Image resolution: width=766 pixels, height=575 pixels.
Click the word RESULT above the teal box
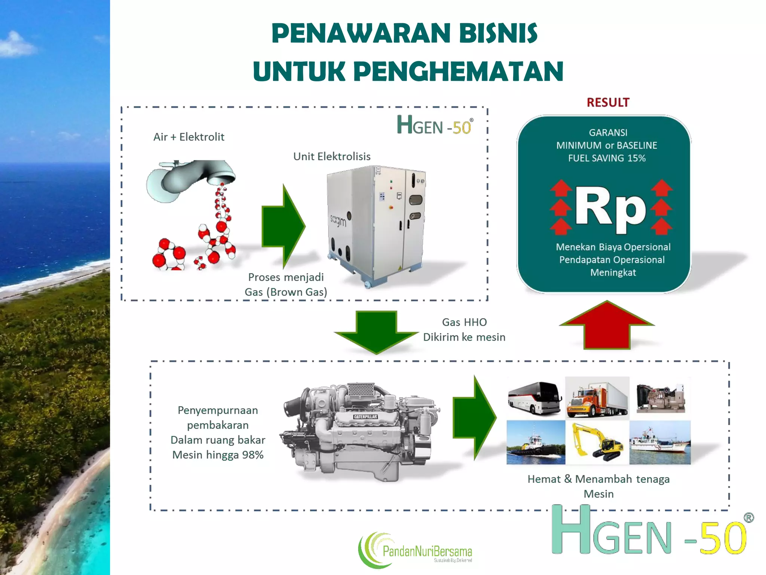point(608,103)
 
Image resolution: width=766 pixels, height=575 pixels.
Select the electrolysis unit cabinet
point(376,225)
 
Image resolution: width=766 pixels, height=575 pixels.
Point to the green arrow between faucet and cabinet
point(283,226)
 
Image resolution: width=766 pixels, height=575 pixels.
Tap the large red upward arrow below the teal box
point(607,325)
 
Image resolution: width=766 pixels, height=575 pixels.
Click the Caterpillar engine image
point(361,431)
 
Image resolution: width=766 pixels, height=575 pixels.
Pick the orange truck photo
point(597,398)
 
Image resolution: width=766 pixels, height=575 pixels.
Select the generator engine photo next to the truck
point(661,397)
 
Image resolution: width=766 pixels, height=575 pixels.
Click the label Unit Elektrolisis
point(332,156)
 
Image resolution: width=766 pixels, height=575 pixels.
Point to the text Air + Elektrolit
point(189,137)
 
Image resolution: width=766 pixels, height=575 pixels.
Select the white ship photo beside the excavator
point(660,442)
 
